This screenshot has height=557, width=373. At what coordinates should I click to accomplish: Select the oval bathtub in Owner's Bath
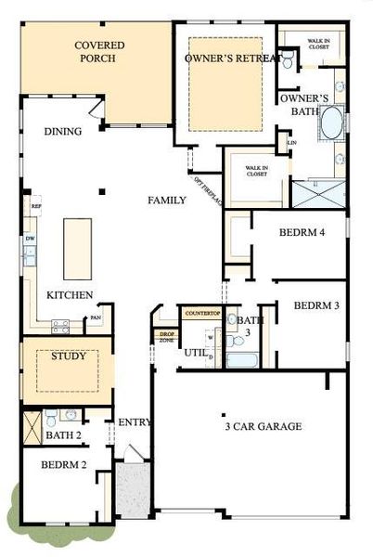click(330, 123)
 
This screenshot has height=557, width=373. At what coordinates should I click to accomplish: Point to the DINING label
click(62, 132)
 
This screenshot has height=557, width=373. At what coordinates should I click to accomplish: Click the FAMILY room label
click(168, 200)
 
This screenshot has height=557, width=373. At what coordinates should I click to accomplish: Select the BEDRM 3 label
click(316, 305)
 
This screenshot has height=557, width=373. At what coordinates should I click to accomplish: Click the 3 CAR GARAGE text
click(263, 426)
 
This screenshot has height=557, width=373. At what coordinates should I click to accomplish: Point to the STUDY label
click(69, 356)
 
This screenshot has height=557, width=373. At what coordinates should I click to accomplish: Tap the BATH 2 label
click(65, 434)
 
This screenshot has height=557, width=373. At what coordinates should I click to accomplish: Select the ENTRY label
click(135, 422)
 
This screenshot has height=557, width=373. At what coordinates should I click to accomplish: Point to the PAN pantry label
click(95, 318)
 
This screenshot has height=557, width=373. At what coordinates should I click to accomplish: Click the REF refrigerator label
click(36, 206)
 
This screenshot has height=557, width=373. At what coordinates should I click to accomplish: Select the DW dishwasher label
click(30, 239)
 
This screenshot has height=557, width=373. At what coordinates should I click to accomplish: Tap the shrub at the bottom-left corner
click(14, 504)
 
